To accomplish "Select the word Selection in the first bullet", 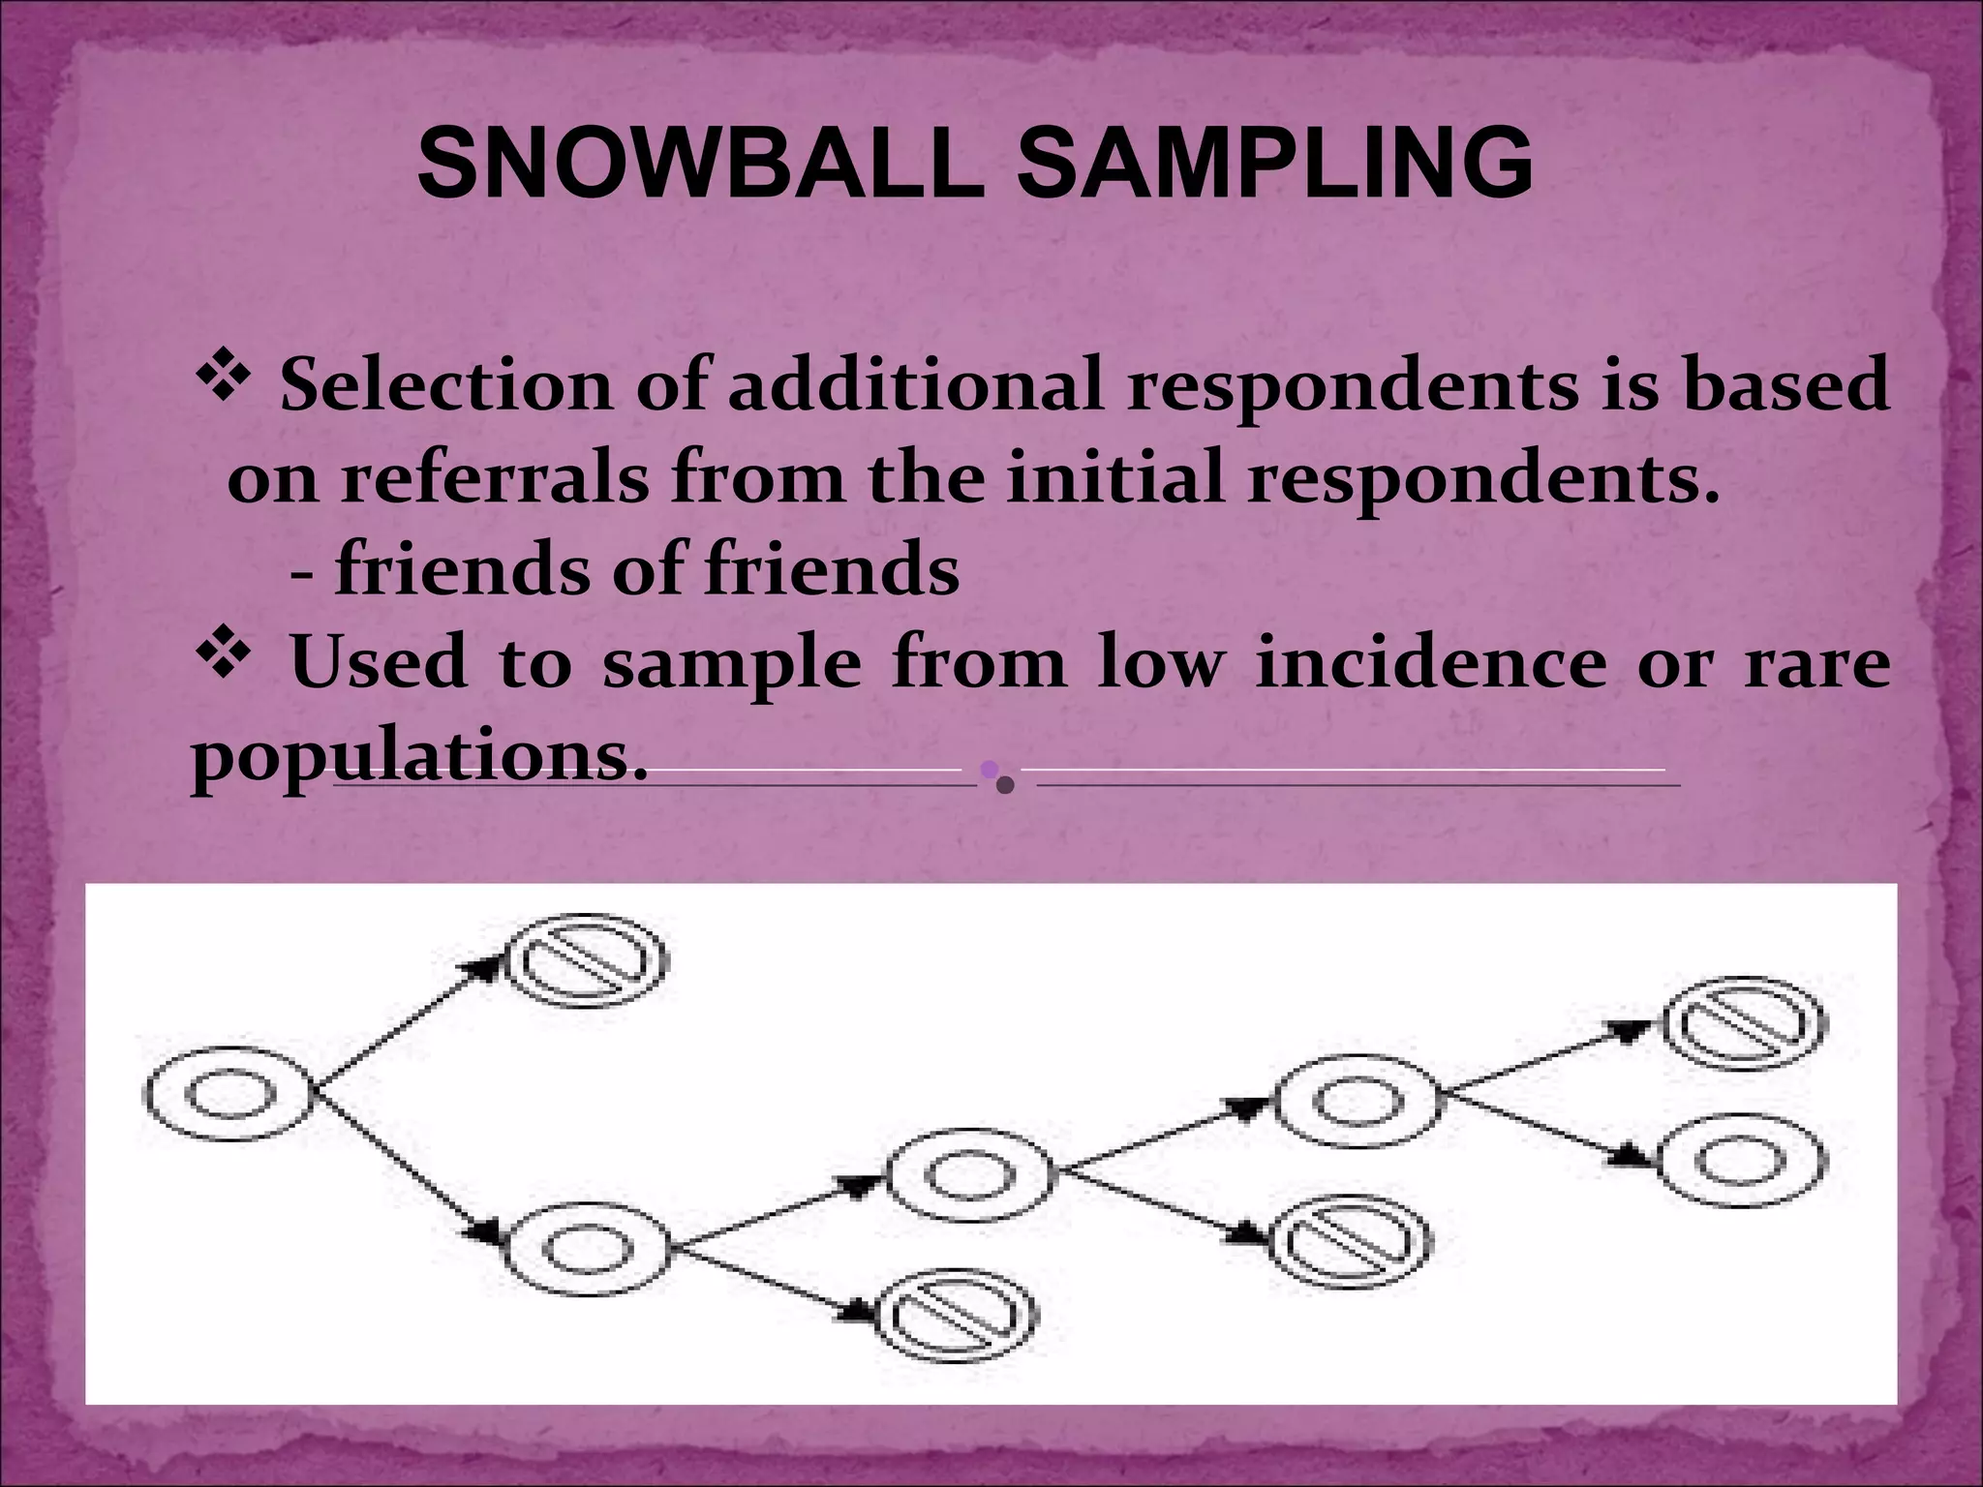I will tap(446, 385).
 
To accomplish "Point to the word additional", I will tap(916, 385).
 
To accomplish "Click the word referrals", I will tap(494, 478).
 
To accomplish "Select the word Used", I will tap(379, 664).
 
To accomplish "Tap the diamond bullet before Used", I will tap(224, 655).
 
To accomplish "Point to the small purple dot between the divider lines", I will tap(989, 770).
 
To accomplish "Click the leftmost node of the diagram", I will tap(229, 1095).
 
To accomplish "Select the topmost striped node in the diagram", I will tap(588, 961).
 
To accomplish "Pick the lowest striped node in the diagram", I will tap(956, 1315).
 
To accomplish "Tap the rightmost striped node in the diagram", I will tap(1744, 1024).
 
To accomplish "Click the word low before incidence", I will tap(1159, 664).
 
